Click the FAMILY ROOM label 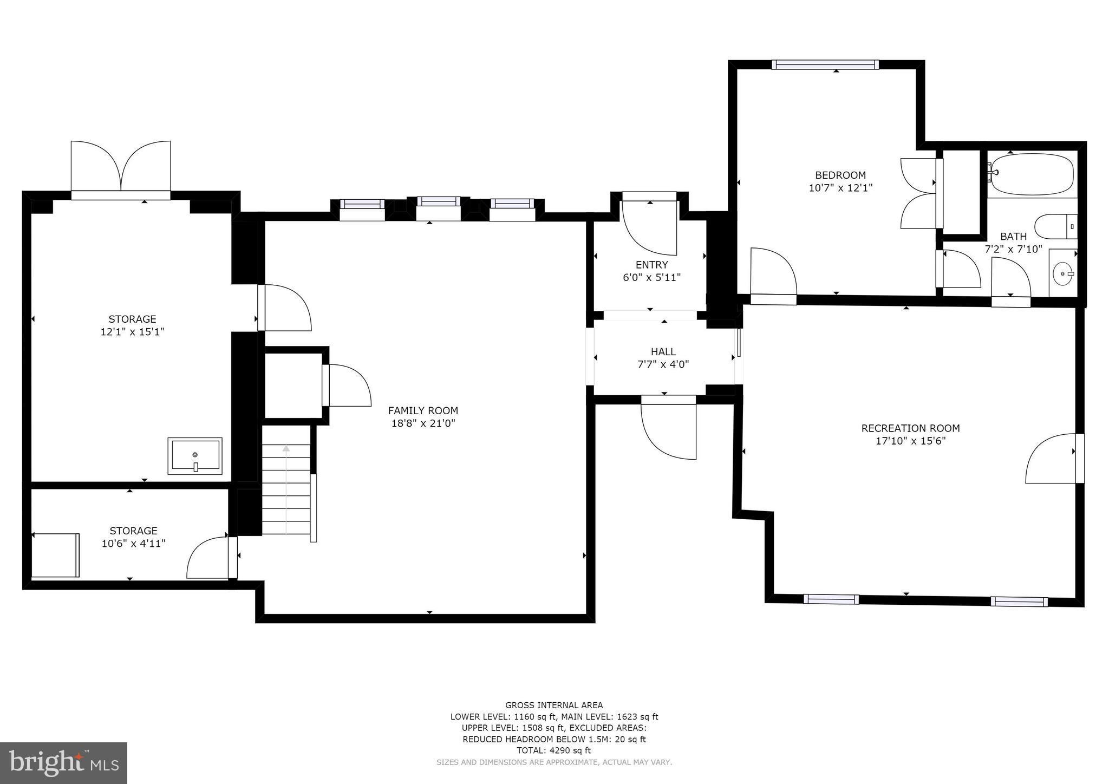[423, 410]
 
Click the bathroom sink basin [1062, 274]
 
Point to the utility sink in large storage [195, 455]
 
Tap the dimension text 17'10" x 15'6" [910, 441]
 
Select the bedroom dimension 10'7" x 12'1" [840, 188]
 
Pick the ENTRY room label [651, 265]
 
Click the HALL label [663, 351]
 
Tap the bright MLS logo [63, 763]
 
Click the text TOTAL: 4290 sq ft [553, 750]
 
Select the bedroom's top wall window [825, 64]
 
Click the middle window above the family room [438, 202]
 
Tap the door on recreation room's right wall [1051, 458]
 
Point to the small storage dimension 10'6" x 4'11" [133, 543]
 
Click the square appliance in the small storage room [55, 556]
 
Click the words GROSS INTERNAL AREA [553, 705]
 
